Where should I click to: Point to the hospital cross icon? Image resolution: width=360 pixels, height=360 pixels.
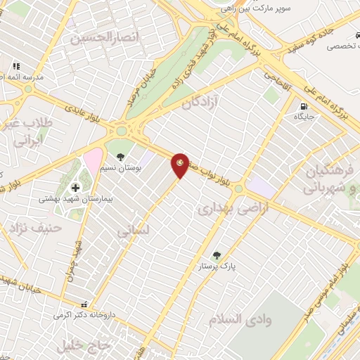point(75,187)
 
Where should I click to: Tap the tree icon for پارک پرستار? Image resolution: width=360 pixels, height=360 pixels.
point(217,256)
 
